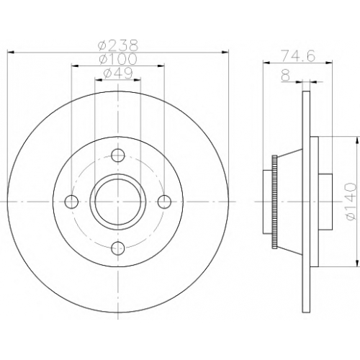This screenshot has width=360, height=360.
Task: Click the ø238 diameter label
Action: pos(118,45)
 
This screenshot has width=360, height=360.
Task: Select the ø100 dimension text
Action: pos(118,58)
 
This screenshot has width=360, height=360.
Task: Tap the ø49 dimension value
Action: pos(118,73)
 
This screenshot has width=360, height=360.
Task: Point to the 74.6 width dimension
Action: pos(298,56)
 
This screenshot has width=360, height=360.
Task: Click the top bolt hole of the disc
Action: pos(118,156)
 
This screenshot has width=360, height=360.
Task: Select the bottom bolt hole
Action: pos(118,248)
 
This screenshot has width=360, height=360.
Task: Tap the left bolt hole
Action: pos(72,202)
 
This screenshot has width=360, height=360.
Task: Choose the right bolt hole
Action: pos(164,202)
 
